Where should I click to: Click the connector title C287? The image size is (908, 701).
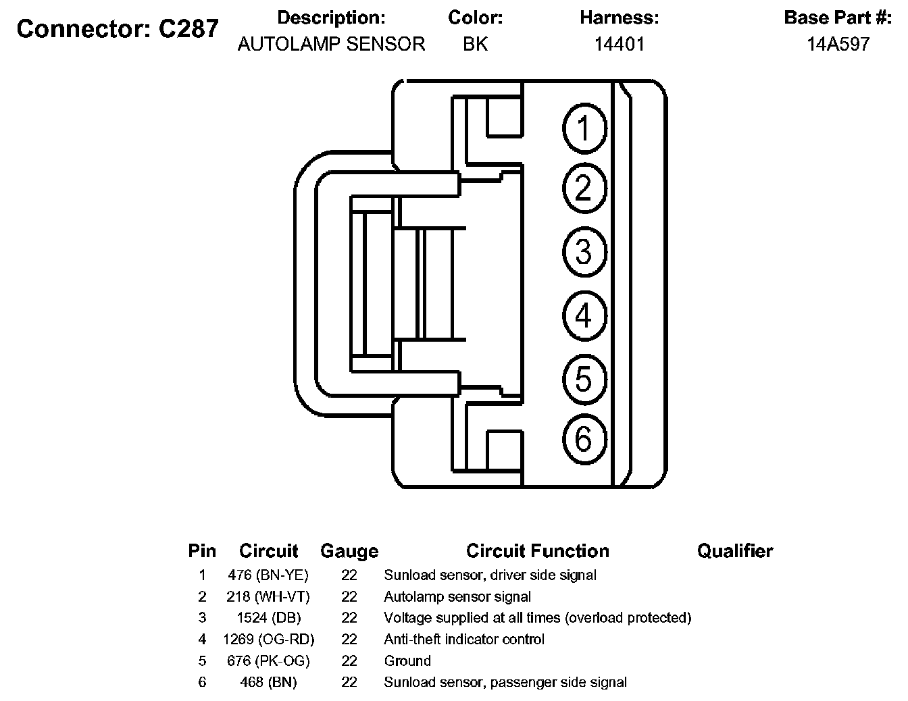[188, 28]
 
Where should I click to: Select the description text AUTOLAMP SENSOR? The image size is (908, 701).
[331, 44]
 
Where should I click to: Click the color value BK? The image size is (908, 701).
[475, 44]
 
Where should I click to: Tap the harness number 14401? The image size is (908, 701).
[620, 44]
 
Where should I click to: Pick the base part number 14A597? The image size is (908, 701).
[838, 44]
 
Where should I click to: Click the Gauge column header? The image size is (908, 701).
[349, 552]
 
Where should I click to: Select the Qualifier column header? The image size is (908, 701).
[735, 551]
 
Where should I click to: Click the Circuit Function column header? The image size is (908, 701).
[538, 551]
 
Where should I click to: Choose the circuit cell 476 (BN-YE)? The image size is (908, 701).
[268, 575]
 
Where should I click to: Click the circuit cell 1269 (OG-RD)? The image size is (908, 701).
[269, 640]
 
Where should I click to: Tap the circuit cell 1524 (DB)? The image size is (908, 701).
[269, 617]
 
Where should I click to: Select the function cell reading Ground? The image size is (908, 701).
[407, 660]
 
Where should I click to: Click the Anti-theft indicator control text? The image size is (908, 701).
[464, 640]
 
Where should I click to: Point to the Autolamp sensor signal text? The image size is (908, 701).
[457, 596]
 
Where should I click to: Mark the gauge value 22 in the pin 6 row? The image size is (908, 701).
[349, 682]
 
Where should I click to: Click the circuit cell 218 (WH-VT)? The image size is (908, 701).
[268, 596]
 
